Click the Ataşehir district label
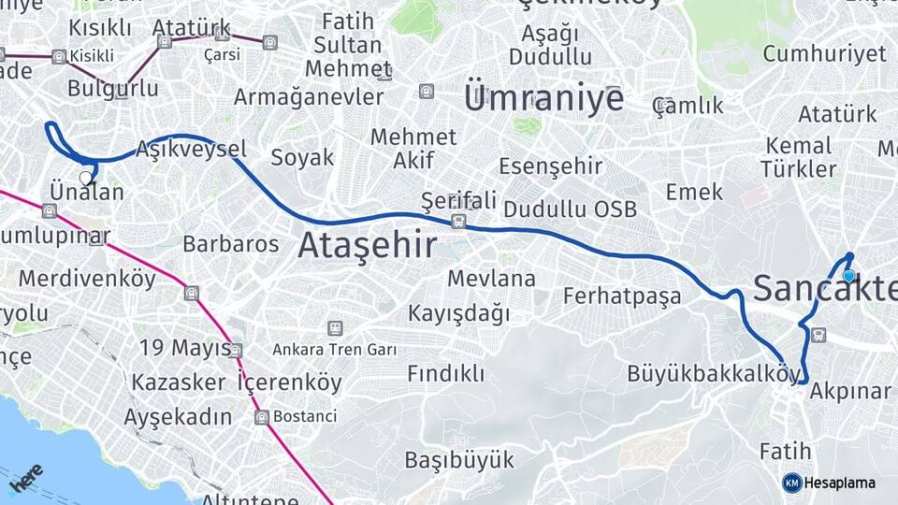pos(367,245)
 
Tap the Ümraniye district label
pos(543,98)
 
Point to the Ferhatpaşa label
pos(622,296)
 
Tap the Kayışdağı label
pos(459,312)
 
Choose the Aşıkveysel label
pos(191,149)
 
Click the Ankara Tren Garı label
pos(335,350)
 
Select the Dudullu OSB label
pos(570,208)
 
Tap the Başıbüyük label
pos(459,460)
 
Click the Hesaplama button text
pos(839,483)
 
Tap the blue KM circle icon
pos(792,483)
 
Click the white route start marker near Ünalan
pos(86,178)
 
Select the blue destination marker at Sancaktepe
pos(848,276)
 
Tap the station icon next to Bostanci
pos(261,417)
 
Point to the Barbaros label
pos(230,244)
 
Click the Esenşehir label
pos(550,166)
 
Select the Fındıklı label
pos(446,374)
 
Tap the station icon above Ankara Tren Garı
pos(334,328)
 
